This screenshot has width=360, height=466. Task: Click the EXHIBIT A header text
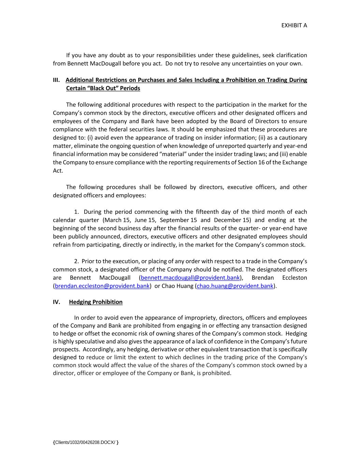(294, 25)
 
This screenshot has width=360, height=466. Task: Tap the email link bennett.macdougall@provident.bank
(190, 278)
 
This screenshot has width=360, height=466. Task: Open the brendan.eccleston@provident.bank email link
(102, 286)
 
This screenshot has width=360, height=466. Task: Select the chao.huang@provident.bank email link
(235, 286)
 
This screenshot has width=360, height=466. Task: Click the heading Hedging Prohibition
(96, 302)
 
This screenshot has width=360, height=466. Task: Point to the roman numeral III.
(56, 80)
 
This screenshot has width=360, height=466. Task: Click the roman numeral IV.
(57, 302)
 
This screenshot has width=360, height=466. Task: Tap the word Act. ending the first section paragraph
(58, 170)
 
